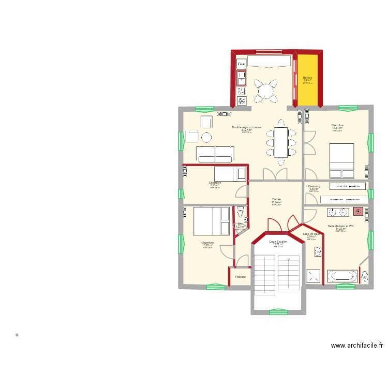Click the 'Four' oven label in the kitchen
point(241,64)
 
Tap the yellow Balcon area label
point(308,78)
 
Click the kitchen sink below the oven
point(242,78)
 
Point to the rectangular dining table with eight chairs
point(281,142)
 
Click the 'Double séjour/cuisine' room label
point(247,127)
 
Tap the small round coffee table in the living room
point(206,137)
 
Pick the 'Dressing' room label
point(314,186)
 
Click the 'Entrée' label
point(276,199)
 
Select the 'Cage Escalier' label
point(278,242)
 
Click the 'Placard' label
point(240,277)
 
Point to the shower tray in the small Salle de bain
point(314,277)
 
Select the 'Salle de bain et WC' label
point(340,226)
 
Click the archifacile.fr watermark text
point(356,346)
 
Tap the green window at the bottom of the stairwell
point(278,311)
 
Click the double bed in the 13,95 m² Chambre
point(211,221)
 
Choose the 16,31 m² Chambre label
point(338,125)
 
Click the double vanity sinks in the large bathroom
point(339,212)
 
